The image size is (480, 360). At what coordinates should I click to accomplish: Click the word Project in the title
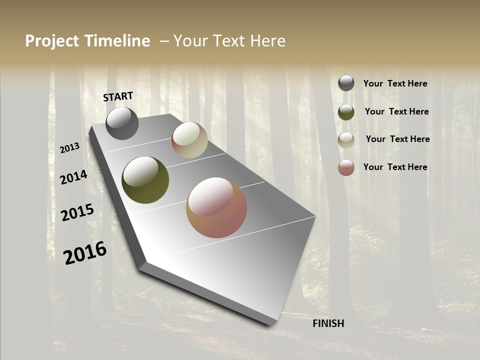tap(50, 41)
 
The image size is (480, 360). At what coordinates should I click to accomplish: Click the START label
tap(118, 96)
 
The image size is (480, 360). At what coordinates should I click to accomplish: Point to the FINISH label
tap(328, 323)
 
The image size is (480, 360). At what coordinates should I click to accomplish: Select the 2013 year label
tap(70, 148)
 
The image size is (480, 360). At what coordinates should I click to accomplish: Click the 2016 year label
tap(85, 253)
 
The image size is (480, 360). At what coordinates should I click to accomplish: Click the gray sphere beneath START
tap(122, 123)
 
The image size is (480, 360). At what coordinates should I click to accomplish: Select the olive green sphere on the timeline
tap(145, 180)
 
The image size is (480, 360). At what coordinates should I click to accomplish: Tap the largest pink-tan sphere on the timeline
tap(216, 207)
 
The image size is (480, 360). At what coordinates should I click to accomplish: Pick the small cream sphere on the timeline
tap(189, 140)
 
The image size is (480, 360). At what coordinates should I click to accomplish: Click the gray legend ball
tap(346, 83)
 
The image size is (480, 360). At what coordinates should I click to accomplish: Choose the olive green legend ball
tap(346, 112)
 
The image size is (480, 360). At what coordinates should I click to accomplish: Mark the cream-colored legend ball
tap(346, 140)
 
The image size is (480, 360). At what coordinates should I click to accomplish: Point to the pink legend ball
tap(346, 167)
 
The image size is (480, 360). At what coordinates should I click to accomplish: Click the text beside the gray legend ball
tap(395, 84)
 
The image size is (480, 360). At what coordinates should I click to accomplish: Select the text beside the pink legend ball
tap(395, 167)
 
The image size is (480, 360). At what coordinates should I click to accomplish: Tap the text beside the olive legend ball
tap(396, 111)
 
